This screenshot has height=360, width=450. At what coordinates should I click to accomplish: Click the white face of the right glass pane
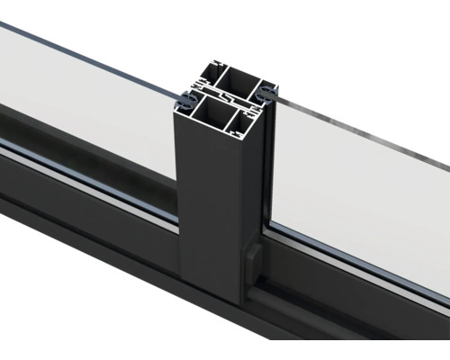click(360, 198)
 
